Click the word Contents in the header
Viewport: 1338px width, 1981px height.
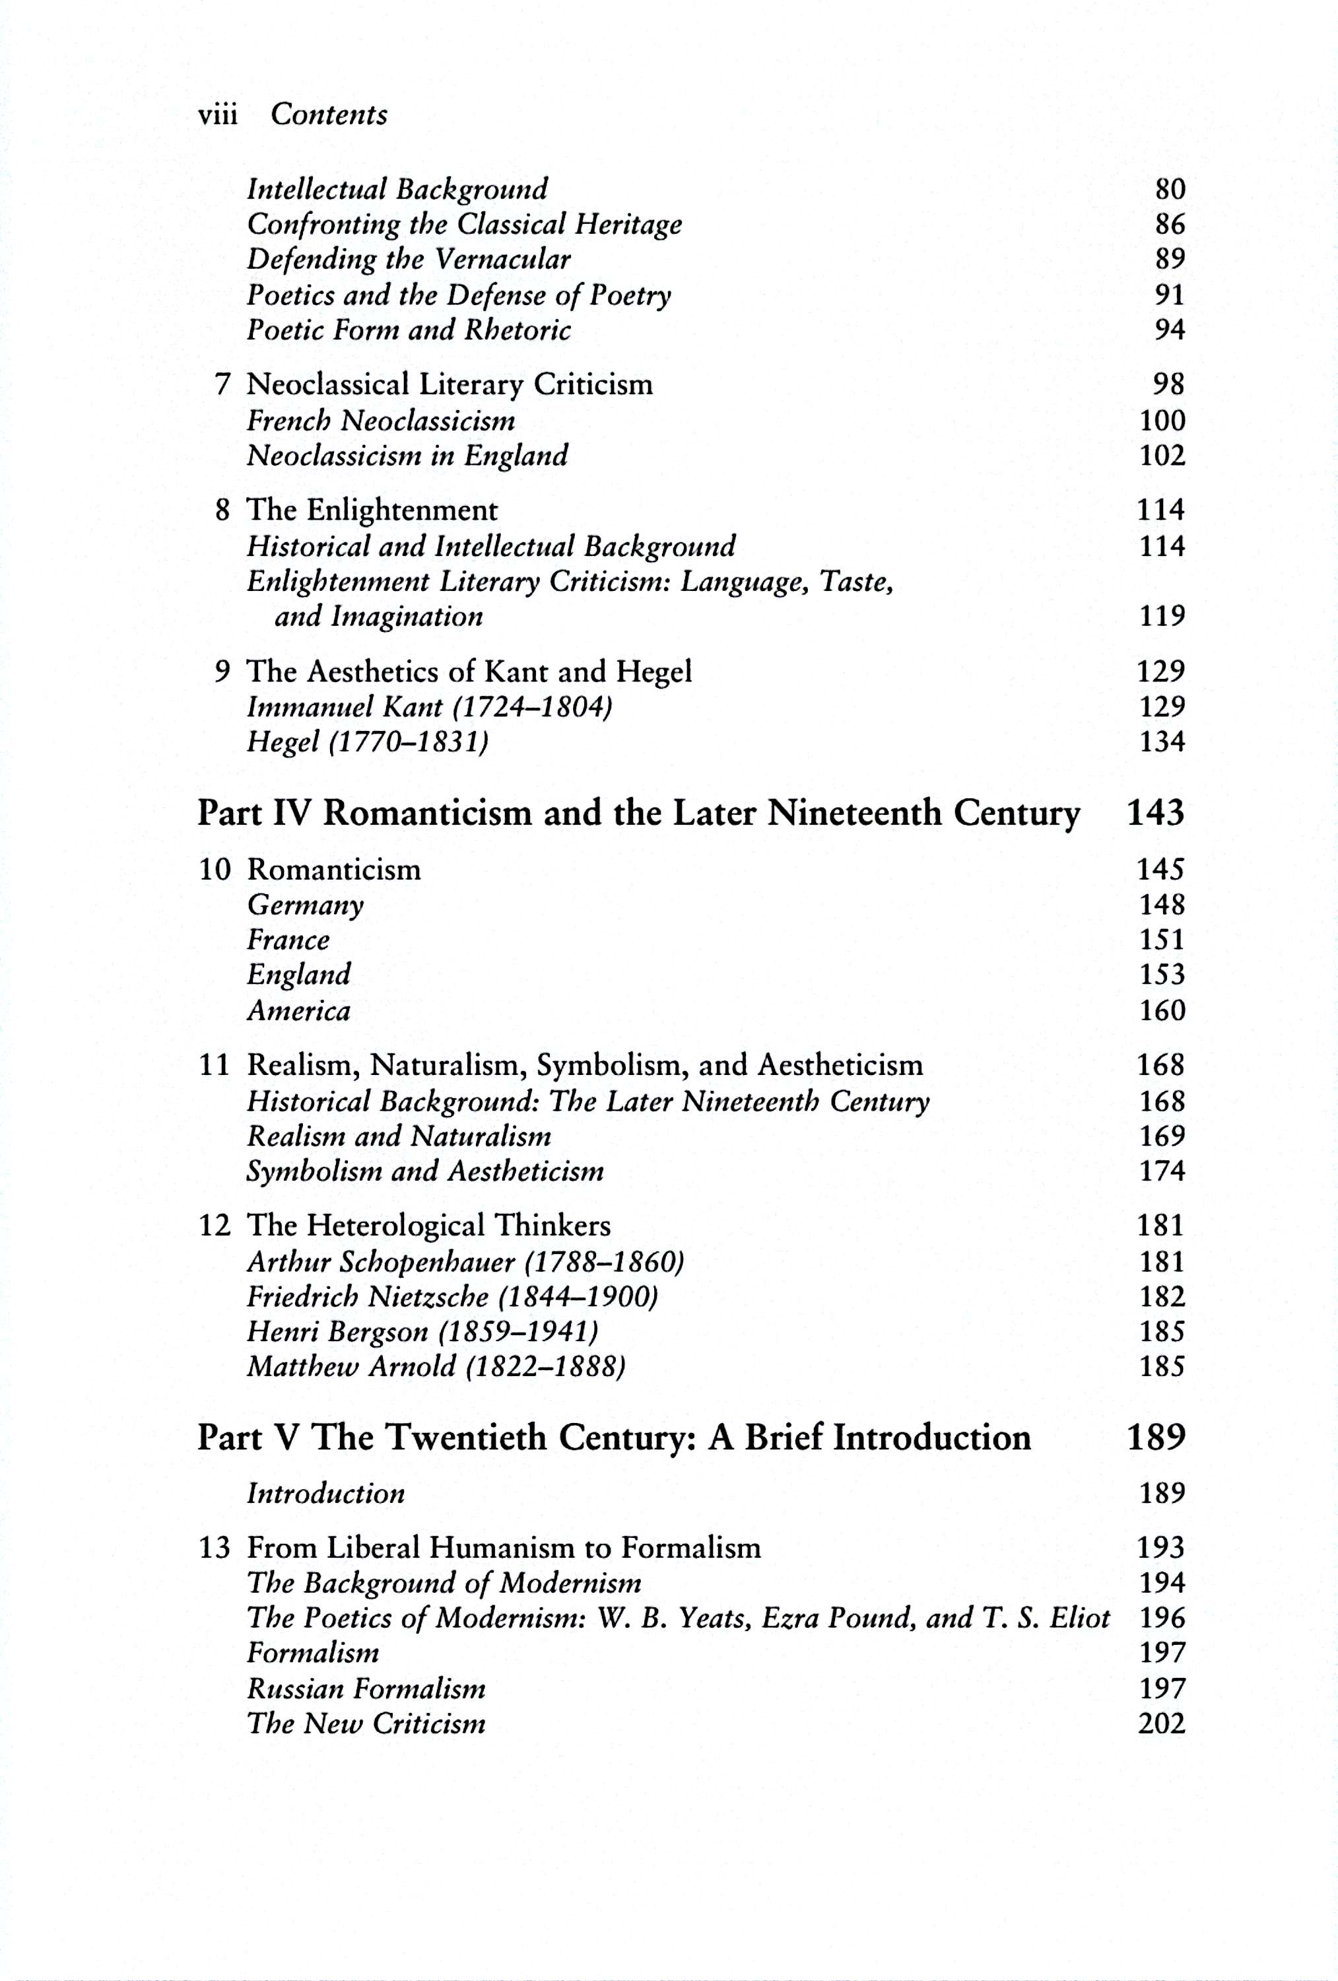pos(329,114)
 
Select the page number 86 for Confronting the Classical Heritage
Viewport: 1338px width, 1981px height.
pos(1169,225)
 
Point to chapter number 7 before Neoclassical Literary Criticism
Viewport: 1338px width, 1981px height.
pos(223,384)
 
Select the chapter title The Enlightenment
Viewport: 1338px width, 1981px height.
pos(372,510)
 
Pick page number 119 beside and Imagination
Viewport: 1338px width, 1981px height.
pos(1162,615)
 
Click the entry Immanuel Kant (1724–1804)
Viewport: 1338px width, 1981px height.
pos(430,707)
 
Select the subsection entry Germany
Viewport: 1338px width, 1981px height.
pos(305,905)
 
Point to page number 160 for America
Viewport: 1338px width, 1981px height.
pos(1162,1010)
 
